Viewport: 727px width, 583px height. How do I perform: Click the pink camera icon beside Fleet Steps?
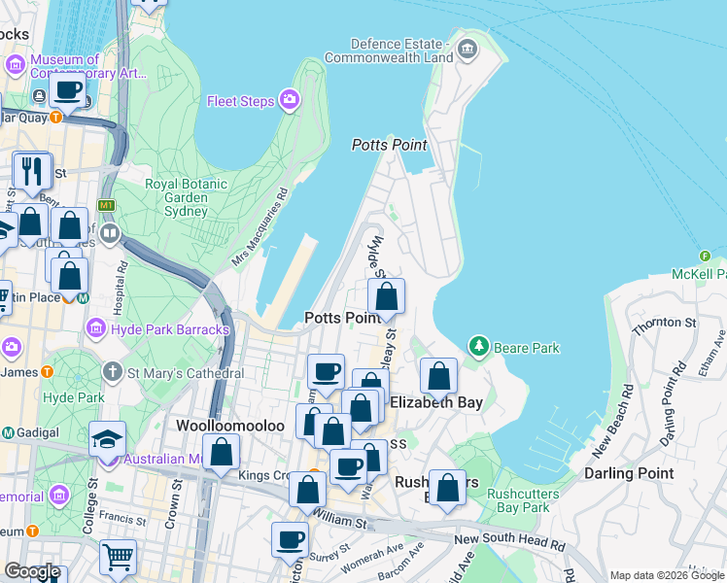click(290, 100)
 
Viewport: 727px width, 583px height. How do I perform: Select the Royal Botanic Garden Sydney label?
click(177, 197)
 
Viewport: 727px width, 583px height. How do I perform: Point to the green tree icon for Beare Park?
click(477, 346)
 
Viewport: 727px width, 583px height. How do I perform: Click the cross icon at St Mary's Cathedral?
click(113, 372)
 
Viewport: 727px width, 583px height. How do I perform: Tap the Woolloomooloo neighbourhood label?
click(222, 426)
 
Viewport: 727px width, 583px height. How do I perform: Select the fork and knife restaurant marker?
click(31, 171)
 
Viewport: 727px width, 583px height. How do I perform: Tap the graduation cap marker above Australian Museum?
click(107, 438)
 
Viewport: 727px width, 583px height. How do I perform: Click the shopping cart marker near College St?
click(118, 558)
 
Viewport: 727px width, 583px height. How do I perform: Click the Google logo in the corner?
click(32, 571)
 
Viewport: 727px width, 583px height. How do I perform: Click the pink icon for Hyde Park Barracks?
click(96, 329)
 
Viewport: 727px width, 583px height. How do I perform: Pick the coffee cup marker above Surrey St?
click(289, 539)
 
